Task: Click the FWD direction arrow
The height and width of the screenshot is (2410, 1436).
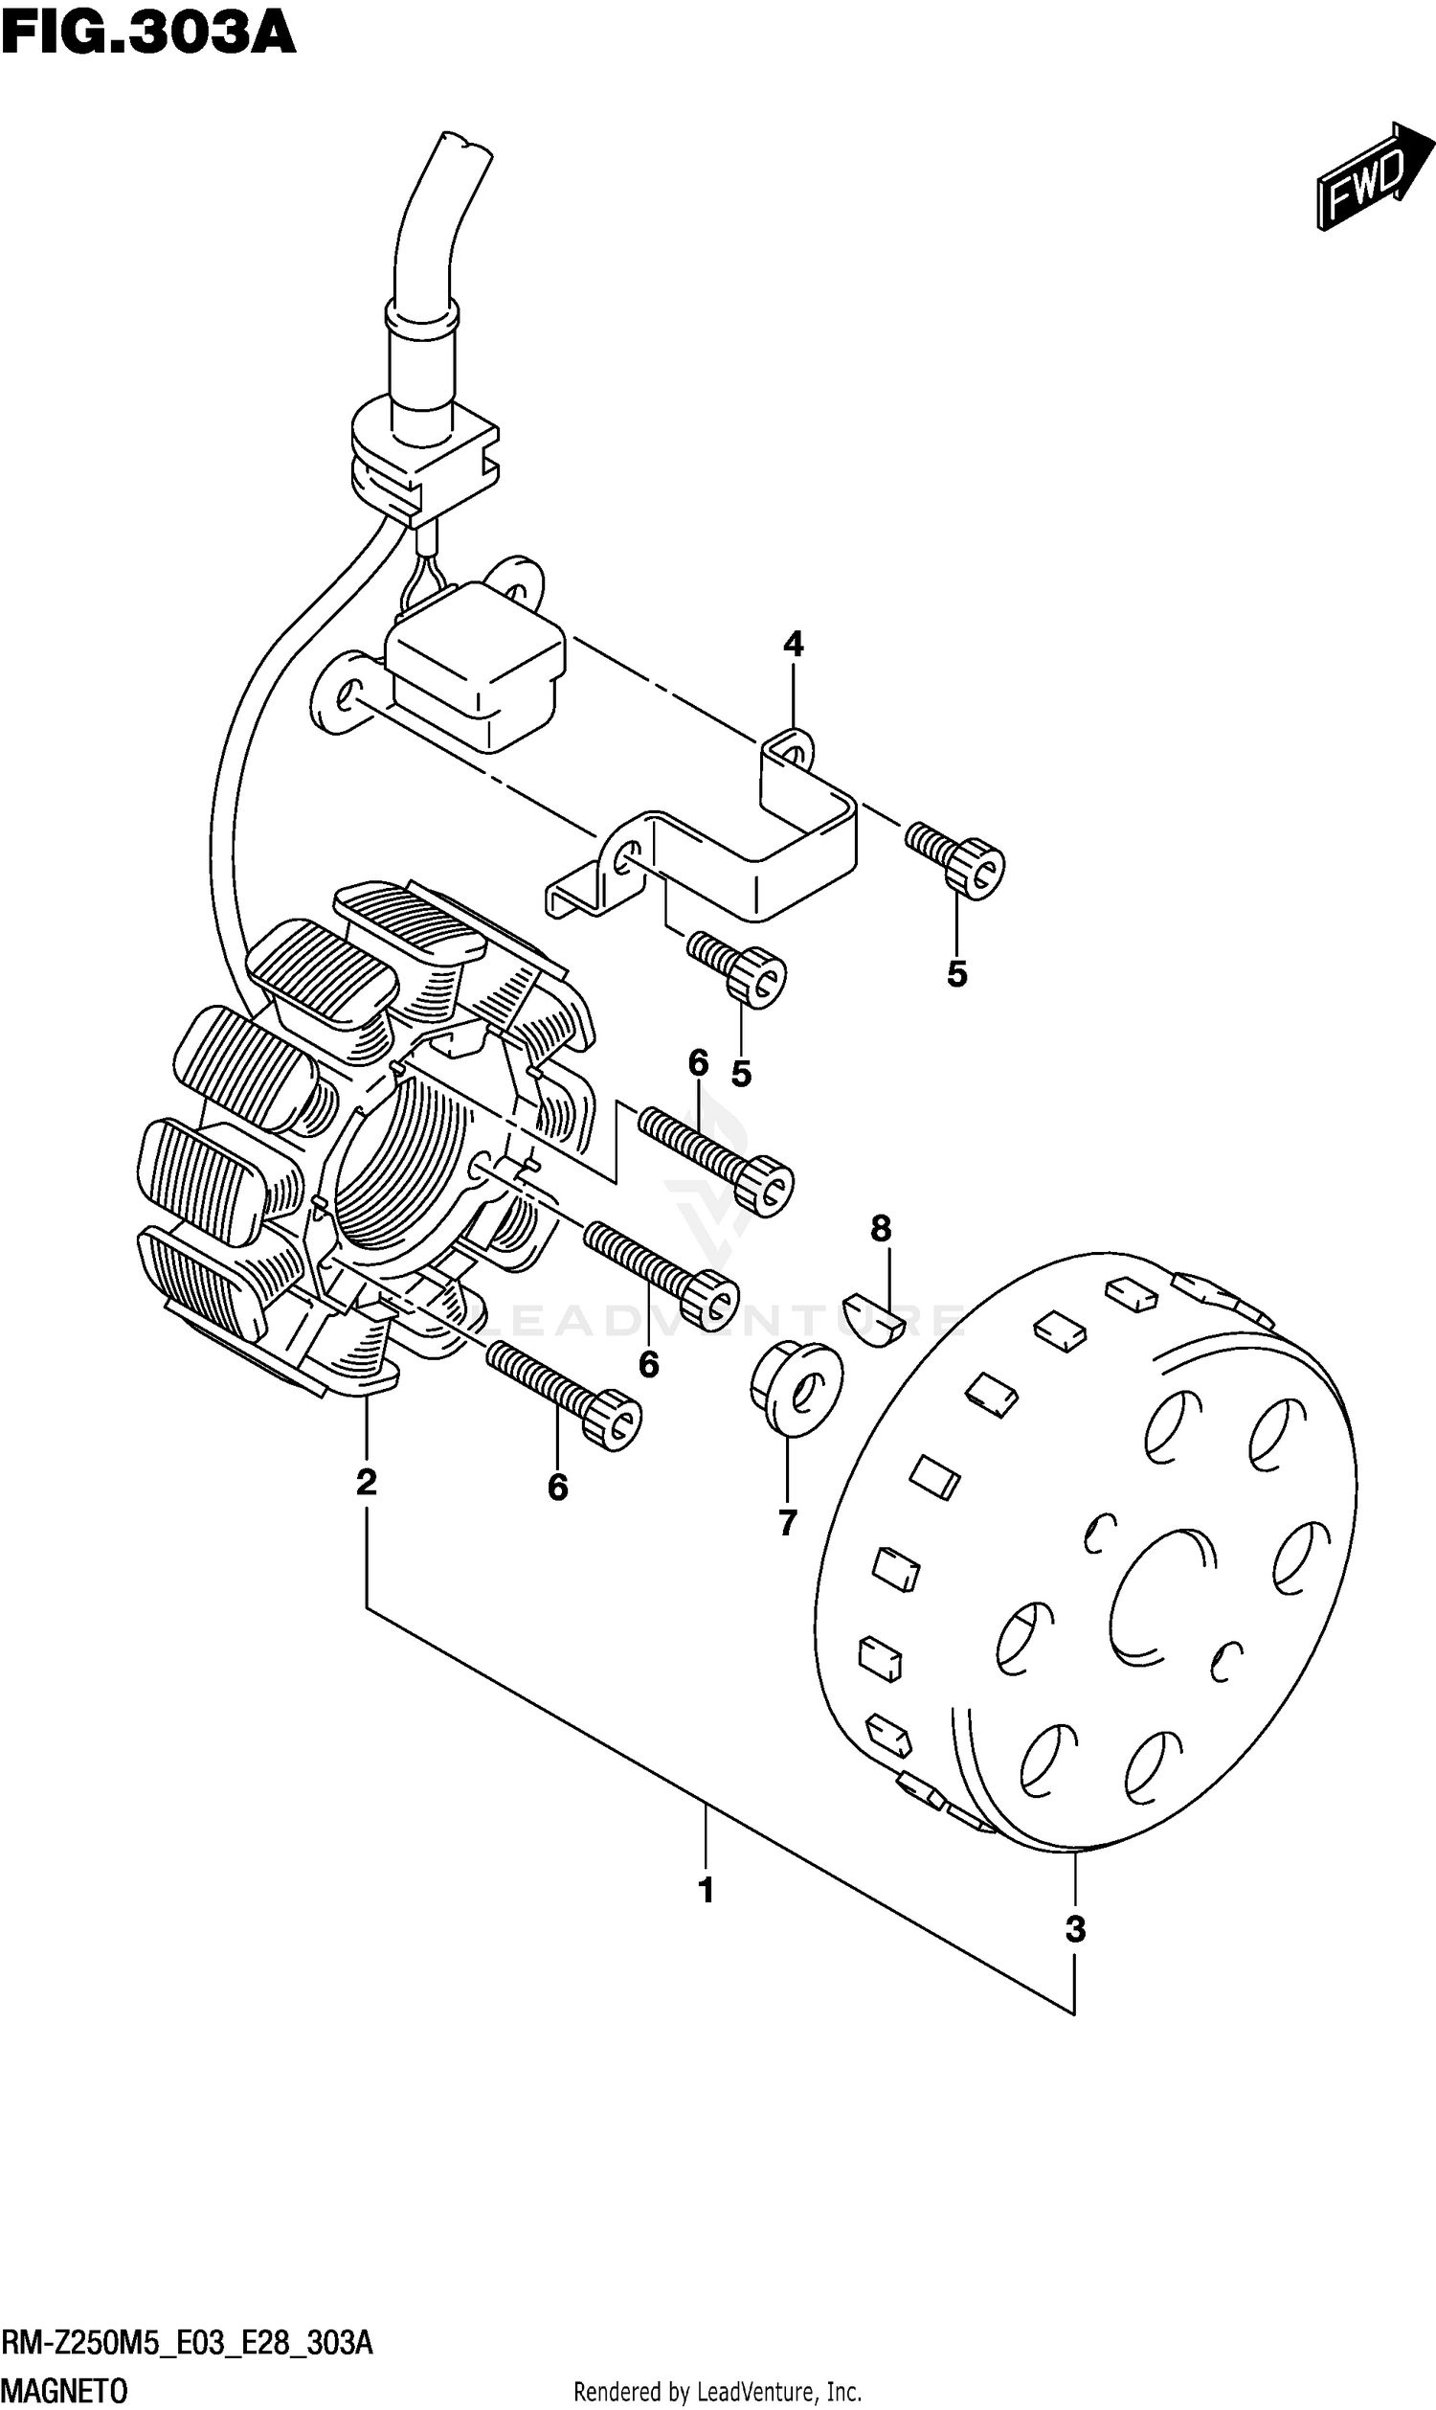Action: click(x=1373, y=177)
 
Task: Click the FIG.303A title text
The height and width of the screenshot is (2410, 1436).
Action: click(x=148, y=34)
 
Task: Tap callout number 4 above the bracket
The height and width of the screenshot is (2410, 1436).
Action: click(x=793, y=645)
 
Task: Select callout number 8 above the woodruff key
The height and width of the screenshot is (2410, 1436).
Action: click(x=880, y=1229)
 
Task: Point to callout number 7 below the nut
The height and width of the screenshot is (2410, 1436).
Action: click(x=787, y=1522)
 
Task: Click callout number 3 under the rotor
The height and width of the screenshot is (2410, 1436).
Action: click(x=1075, y=1929)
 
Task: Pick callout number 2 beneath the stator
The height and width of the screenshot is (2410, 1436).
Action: click(x=366, y=1482)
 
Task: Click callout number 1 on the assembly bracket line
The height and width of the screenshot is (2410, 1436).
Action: click(x=706, y=1888)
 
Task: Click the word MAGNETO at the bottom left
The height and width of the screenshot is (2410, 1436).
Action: click(x=64, y=2391)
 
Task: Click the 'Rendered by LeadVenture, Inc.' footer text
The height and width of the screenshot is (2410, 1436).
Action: click(x=717, y=2392)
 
